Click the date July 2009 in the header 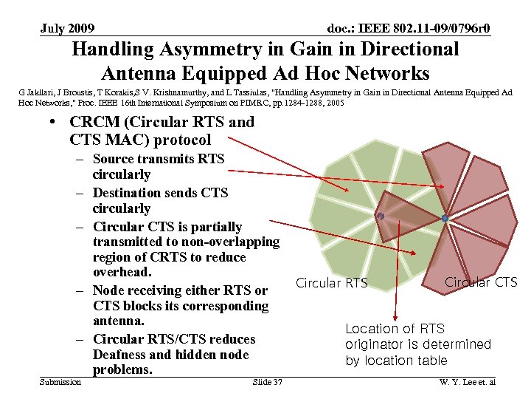click(x=67, y=29)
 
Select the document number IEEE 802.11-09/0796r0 click(x=409, y=29)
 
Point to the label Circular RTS click(x=331, y=283)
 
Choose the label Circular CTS click(x=481, y=282)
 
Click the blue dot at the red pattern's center click(x=444, y=218)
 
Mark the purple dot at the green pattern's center click(x=380, y=216)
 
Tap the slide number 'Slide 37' click(x=267, y=382)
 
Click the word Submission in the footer click(x=61, y=382)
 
